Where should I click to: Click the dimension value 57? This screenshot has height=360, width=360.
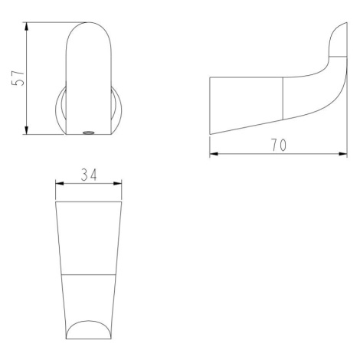pyautogui.click(x=18, y=77)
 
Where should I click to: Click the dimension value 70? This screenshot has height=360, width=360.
pyautogui.click(x=279, y=145)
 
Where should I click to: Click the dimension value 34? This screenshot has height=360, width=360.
pyautogui.click(x=89, y=175)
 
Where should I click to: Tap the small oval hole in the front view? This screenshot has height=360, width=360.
pyautogui.click(x=89, y=133)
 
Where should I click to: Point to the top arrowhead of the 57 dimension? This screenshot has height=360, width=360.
pyautogui.click(x=27, y=27)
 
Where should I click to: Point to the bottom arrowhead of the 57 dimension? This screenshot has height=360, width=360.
pyautogui.click(x=27, y=129)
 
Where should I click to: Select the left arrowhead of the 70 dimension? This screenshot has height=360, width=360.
pyautogui.click(x=214, y=154)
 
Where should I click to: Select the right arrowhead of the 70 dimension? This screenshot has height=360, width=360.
pyautogui.click(x=342, y=154)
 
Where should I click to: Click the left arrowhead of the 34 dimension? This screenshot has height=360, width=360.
pyautogui.click(x=60, y=183)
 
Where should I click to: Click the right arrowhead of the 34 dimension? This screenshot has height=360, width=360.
pyautogui.click(x=117, y=183)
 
